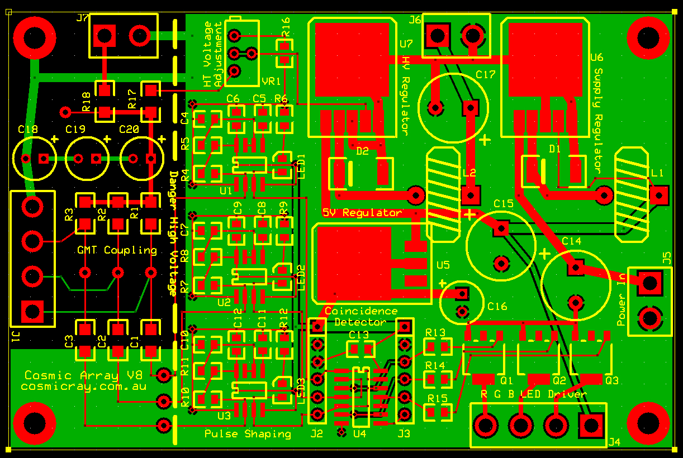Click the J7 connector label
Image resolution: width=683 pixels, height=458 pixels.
(x=82, y=18)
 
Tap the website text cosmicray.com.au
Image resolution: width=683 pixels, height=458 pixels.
(x=84, y=386)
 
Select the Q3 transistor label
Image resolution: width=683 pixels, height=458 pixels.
(x=612, y=380)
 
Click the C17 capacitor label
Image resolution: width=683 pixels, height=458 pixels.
(x=486, y=74)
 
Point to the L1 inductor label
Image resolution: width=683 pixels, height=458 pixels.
(x=657, y=173)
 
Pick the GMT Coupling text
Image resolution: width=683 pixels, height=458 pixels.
(x=117, y=250)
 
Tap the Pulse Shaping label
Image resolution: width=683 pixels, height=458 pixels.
(x=248, y=433)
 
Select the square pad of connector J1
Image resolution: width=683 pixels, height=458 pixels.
(x=32, y=311)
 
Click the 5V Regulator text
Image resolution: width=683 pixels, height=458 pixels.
(x=362, y=213)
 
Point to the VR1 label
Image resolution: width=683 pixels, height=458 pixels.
(x=271, y=82)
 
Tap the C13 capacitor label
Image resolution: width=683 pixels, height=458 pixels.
(x=359, y=335)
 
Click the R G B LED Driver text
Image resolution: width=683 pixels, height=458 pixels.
(x=534, y=394)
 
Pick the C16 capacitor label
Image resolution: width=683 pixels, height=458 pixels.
(x=497, y=306)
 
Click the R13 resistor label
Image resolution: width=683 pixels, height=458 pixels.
(x=435, y=333)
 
